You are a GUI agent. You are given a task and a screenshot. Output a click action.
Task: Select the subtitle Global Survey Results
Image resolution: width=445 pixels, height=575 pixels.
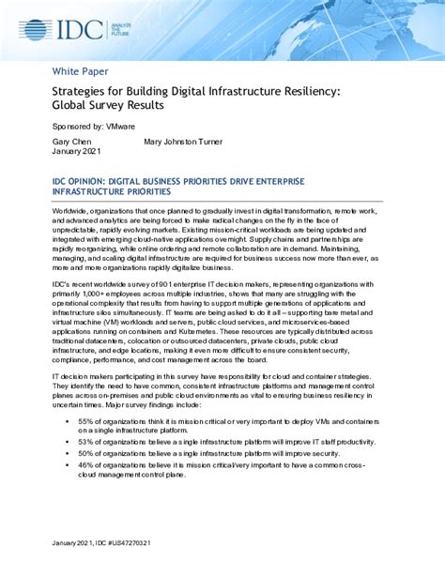click(x=108, y=105)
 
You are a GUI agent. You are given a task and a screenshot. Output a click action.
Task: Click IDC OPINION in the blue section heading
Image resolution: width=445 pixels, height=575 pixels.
click(x=83, y=179)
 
